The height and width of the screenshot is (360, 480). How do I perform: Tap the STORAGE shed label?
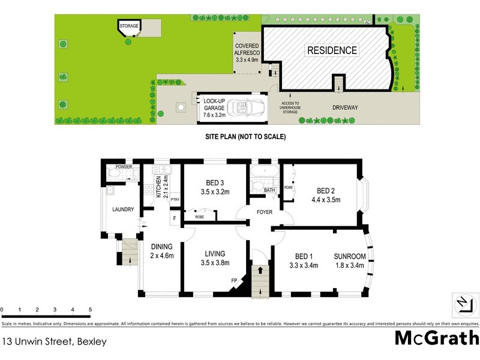pos(129,26)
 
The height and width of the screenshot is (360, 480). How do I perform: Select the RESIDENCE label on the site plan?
pos(332,50)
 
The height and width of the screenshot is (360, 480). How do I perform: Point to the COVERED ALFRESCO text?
pos(247,52)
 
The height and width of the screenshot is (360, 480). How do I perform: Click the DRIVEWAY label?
pos(345,108)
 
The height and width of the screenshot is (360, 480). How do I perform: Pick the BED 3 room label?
pos(215,185)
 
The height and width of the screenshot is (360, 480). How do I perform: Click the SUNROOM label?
pos(349,261)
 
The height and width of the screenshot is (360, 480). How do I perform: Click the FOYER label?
pos(264,212)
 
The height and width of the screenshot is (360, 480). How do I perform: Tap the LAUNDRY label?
pos(122,209)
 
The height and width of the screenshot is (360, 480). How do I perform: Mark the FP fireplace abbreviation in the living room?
pos(234,280)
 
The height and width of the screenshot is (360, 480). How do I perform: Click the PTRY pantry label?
pos(175,200)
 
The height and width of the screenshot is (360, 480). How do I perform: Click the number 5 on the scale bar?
pos(90,310)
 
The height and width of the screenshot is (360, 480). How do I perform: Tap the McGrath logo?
pos(436,338)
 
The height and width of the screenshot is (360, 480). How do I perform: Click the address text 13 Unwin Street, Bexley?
pos(55,342)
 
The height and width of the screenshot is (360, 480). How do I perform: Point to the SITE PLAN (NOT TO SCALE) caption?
pos(245,137)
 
